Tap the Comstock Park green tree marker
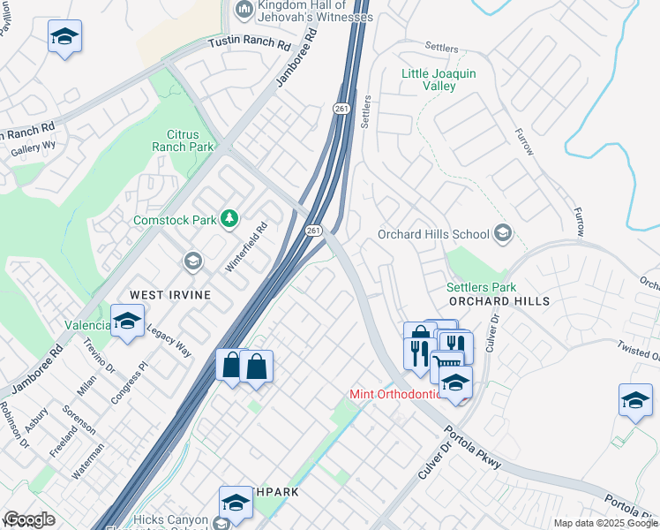[230, 217]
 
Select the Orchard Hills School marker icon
[503, 234]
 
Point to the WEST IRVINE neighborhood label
[170, 294]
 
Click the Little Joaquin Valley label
[439, 80]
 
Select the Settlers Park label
[481, 287]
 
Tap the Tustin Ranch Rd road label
[250, 43]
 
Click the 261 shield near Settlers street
[341, 108]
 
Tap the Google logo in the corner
[29, 519]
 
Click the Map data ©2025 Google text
[605, 523]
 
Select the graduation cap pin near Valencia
[128, 322]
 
